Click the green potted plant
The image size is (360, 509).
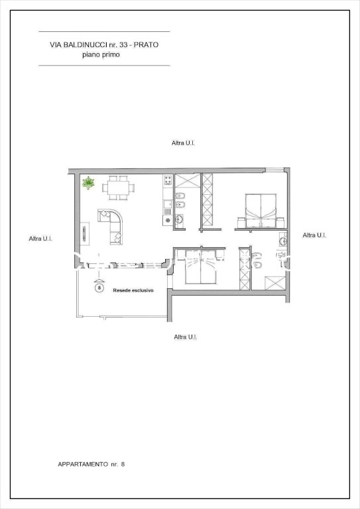(x=88, y=183)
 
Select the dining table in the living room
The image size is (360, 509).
(x=118, y=188)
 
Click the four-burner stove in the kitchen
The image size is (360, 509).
(x=168, y=180)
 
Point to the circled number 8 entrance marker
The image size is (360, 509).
(x=99, y=288)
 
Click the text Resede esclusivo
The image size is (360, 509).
(x=133, y=290)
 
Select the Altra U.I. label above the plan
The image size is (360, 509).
(x=183, y=143)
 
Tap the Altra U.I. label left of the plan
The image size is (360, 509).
(x=40, y=239)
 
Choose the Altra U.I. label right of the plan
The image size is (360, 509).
(x=314, y=235)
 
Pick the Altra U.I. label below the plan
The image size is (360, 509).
(x=186, y=337)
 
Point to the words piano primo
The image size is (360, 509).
(x=101, y=54)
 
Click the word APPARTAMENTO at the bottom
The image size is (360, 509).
(x=83, y=464)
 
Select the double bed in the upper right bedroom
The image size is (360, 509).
(x=261, y=211)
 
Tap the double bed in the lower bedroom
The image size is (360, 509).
(x=201, y=267)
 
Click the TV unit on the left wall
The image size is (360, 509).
(x=85, y=233)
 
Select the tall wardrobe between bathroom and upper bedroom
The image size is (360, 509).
(x=207, y=200)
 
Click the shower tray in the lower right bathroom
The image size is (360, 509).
(x=275, y=283)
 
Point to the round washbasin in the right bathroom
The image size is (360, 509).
(x=282, y=241)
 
